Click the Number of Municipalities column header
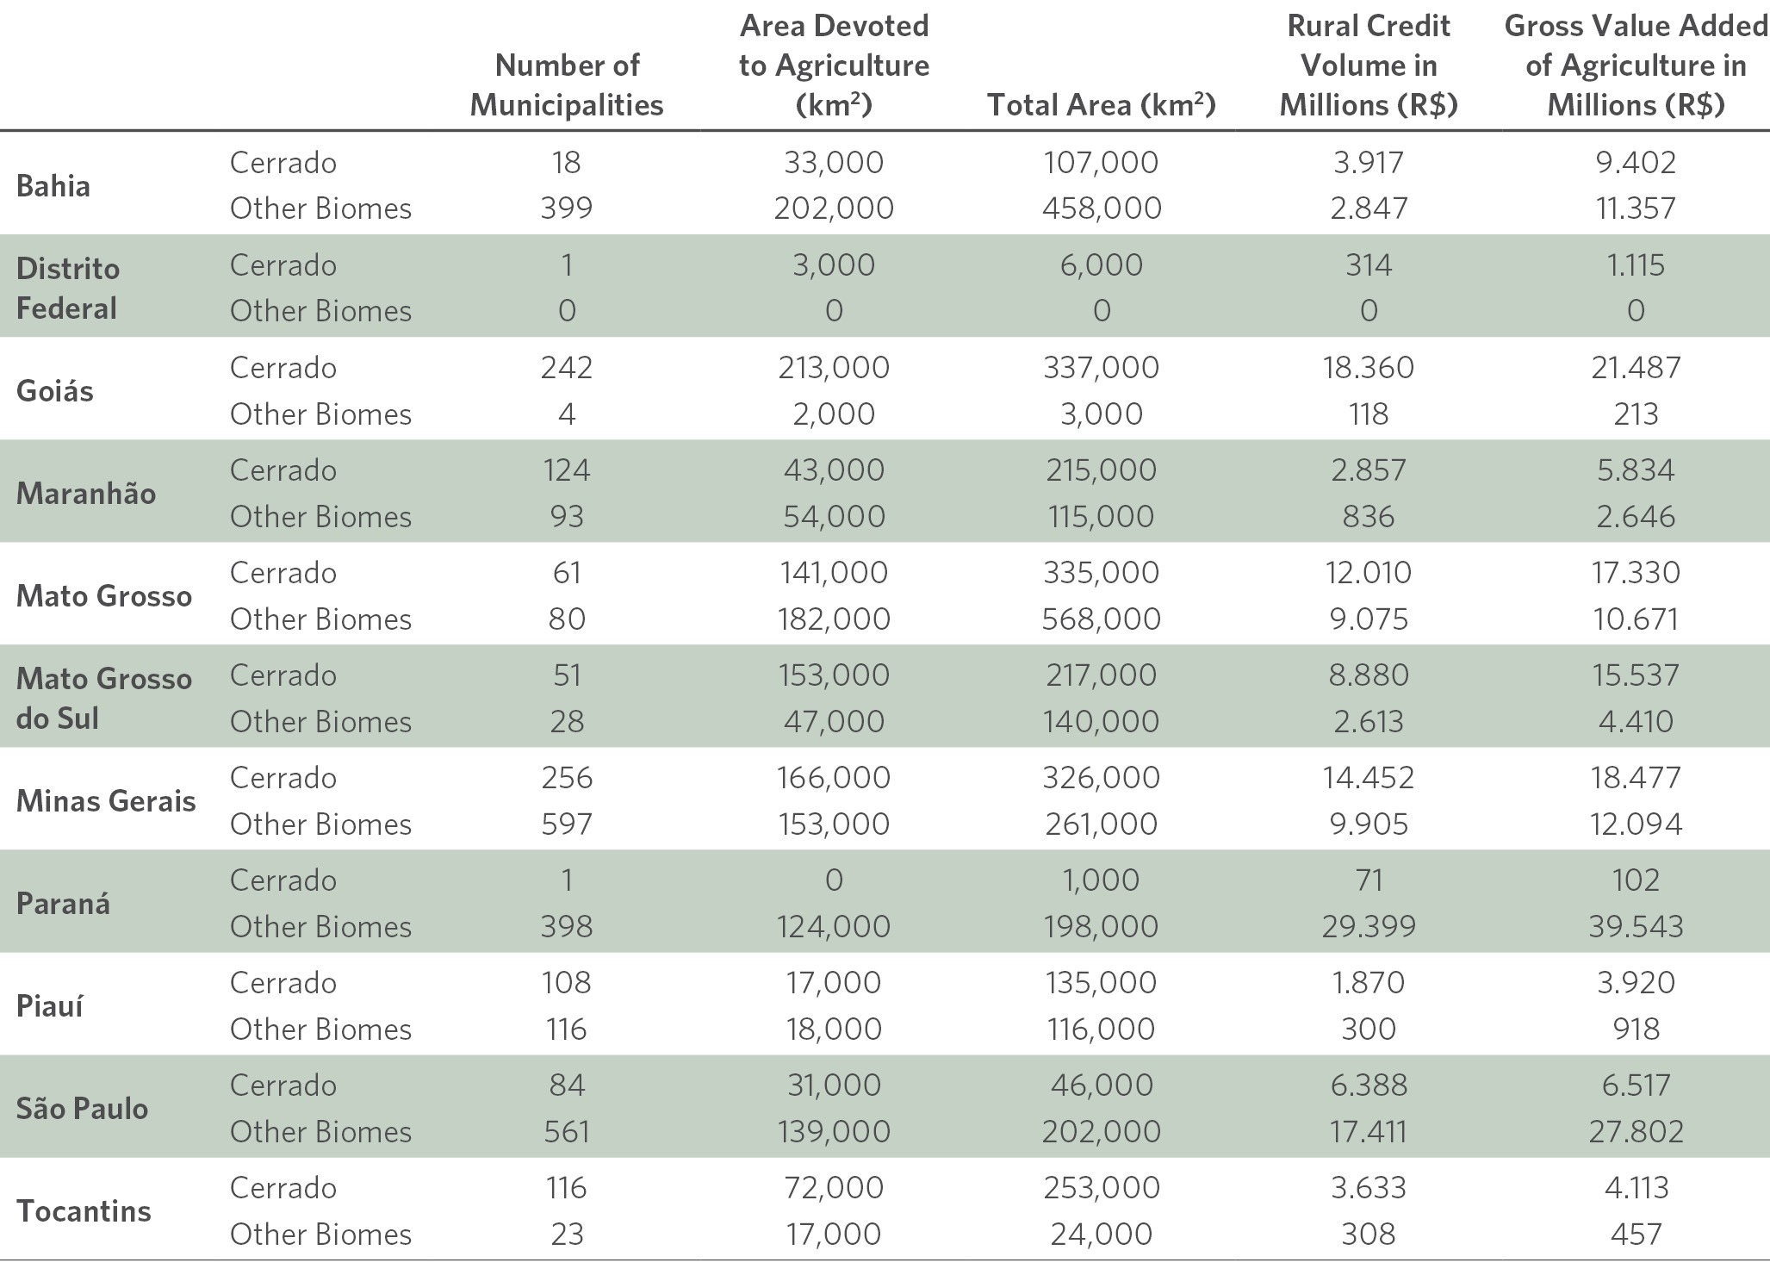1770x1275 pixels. [567, 84]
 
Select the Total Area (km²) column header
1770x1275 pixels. [1101, 104]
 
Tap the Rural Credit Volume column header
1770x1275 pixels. [1369, 65]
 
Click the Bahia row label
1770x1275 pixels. [53, 186]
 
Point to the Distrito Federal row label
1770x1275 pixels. [68, 288]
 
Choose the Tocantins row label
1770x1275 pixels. [84, 1211]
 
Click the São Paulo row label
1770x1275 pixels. [82, 1109]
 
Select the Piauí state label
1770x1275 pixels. [50, 1006]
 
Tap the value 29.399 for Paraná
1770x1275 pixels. [1369, 926]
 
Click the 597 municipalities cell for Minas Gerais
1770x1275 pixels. [567, 824]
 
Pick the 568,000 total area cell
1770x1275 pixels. [1102, 619]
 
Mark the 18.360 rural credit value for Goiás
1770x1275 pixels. [1369, 368]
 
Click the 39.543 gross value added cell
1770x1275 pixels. [1636, 926]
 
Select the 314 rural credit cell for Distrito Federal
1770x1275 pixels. [1369, 265]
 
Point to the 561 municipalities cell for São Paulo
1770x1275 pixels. [567, 1131]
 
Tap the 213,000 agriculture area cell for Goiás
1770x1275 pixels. [834, 368]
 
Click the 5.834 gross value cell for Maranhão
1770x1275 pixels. [1636, 470]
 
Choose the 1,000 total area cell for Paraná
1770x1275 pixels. [1102, 880]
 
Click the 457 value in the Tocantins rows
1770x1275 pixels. [1636, 1234]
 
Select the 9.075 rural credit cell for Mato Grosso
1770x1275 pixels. [1369, 619]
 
